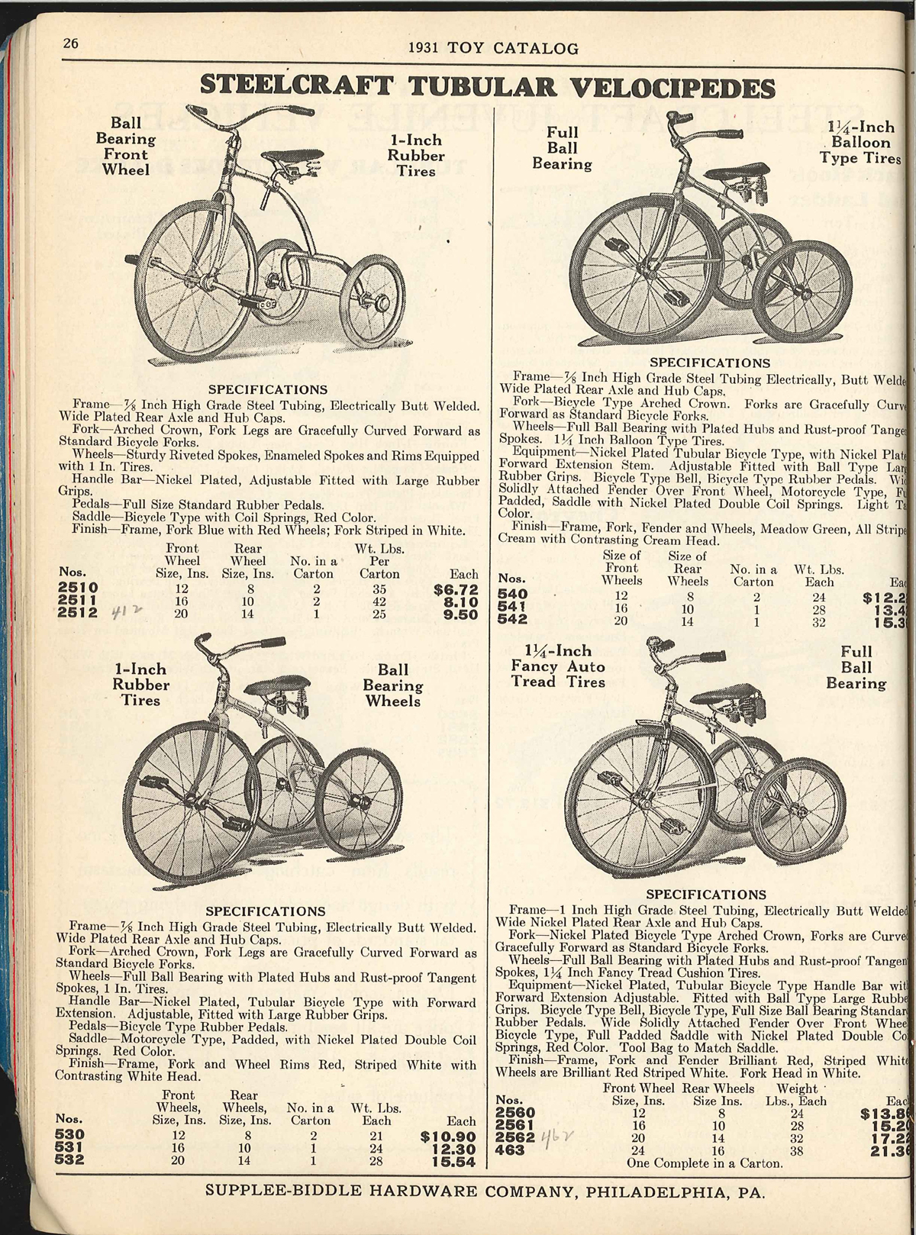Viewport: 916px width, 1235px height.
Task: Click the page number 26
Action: pyautogui.click(x=71, y=44)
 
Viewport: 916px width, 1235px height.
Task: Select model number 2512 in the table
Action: pyautogui.click(x=78, y=614)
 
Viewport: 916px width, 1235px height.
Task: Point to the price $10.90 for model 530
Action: pyautogui.click(x=448, y=1137)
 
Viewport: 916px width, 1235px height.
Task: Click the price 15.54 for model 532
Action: pyautogui.click(x=454, y=1162)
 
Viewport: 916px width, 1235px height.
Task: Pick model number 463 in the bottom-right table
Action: pyautogui.click(x=510, y=1150)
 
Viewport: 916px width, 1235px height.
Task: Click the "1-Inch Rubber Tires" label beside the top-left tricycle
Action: pyautogui.click(x=417, y=156)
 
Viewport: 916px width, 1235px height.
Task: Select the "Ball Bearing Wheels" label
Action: pyautogui.click(x=393, y=685)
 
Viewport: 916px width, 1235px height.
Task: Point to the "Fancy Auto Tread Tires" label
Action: pyautogui.click(x=558, y=666)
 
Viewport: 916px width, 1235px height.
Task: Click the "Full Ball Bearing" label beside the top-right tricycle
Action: pyautogui.click(x=562, y=148)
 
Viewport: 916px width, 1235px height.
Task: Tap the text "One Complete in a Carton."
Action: pyautogui.click(x=705, y=1163)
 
